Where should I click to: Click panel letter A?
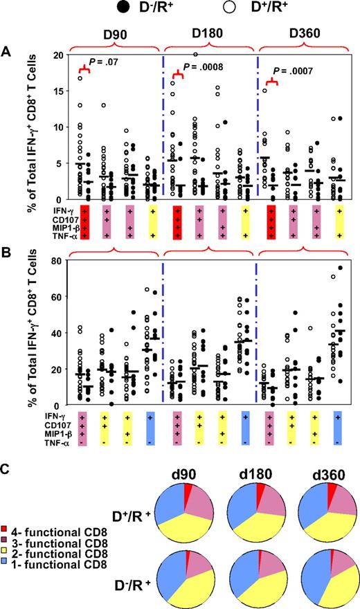(x=6, y=53)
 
